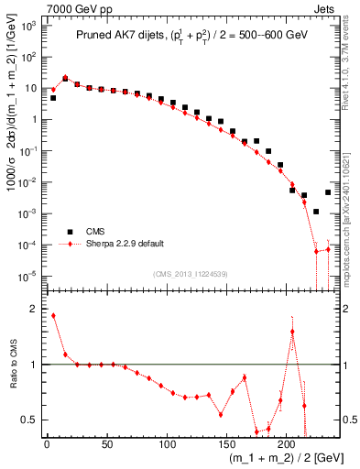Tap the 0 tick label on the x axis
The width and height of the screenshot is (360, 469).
47,445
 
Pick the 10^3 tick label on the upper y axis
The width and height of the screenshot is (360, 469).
29,26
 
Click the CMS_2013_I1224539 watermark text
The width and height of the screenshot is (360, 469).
190,272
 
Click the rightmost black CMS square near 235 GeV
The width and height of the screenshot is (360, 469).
328,192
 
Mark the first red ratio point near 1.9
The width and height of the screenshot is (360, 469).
53,315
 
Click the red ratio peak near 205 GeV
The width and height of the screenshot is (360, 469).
292,332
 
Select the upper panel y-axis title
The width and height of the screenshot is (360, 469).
12,147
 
